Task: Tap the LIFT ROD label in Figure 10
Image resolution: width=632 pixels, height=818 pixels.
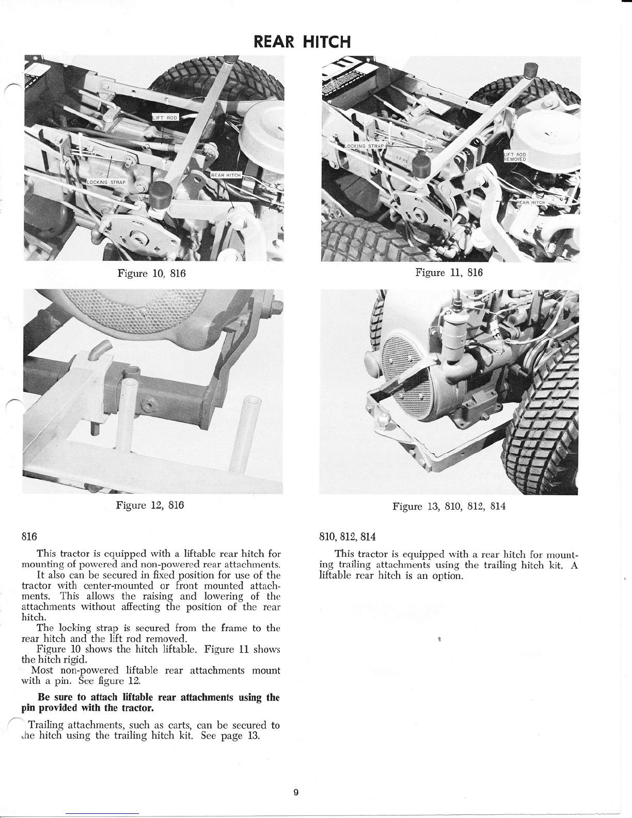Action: tap(165, 118)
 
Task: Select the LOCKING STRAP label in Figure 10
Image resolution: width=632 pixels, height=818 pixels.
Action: tap(110, 182)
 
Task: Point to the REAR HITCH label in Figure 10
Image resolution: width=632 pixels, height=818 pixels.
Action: tap(226, 176)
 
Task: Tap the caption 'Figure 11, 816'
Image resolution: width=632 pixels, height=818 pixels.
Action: tap(449, 272)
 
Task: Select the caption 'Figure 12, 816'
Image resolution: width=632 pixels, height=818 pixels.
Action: tap(150, 505)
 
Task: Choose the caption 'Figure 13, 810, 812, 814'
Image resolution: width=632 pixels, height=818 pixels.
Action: tap(449, 506)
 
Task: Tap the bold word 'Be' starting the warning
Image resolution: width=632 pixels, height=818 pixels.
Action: tap(51, 697)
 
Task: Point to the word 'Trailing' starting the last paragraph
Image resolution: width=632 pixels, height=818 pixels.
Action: tap(46, 725)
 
